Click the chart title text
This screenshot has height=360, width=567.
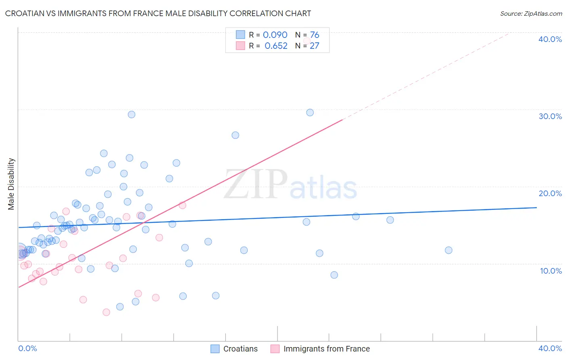(x=158, y=13)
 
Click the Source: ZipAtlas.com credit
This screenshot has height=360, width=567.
(x=531, y=13)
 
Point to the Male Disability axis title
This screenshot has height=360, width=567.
(x=11, y=184)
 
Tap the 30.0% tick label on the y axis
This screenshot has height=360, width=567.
(x=550, y=116)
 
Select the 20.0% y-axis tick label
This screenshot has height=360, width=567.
(x=550, y=193)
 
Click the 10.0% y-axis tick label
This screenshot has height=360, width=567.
(x=551, y=271)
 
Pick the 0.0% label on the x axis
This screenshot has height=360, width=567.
(x=28, y=348)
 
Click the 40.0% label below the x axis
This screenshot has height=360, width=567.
(x=550, y=348)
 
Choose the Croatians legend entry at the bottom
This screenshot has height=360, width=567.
(x=234, y=349)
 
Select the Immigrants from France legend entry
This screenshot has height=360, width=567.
(x=320, y=349)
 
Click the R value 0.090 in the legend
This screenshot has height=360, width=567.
(x=275, y=35)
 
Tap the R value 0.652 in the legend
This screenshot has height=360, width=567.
(x=276, y=46)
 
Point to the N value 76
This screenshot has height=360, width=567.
(x=315, y=35)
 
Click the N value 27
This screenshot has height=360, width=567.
(x=315, y=46)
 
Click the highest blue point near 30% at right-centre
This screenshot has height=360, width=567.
(x=310, y=113)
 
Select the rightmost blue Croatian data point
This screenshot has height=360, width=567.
(x=448, y=250)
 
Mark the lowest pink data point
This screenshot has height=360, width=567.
(x=106, y=312)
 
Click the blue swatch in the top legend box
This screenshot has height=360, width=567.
(x=240, y=35)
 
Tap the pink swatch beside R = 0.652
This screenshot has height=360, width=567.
(x=240, y=46)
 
